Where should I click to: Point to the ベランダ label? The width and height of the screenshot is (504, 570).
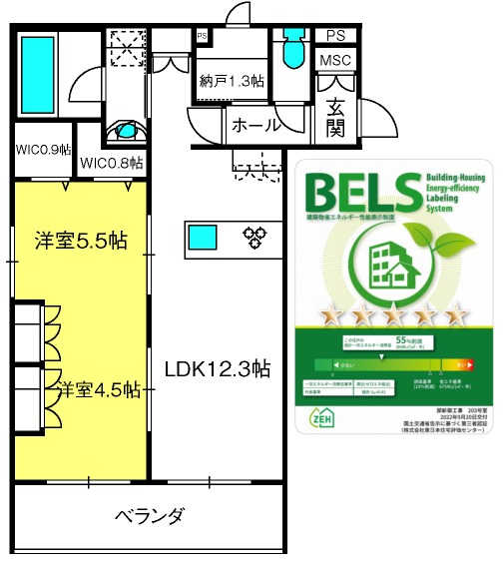click(150, 516)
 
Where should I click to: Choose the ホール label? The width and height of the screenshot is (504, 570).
click(256, 126)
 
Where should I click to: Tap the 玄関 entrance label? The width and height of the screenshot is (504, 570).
click(333, 114)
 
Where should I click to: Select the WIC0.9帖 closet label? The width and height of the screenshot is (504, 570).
click(43, 150)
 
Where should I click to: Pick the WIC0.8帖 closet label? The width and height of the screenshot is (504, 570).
click(111, 163)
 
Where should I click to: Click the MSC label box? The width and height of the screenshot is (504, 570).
click(334, 61)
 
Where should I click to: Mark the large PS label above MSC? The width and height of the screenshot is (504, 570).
click(334, 35)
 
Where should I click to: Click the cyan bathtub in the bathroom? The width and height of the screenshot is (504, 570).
click(39, 64)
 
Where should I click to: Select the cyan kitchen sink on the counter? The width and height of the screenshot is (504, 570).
click(203, 237)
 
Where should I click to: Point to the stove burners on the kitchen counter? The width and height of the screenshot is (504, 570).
click(254, 237)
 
